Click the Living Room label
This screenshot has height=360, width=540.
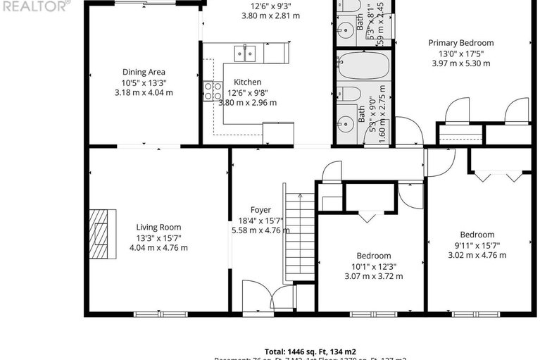click(158, 227)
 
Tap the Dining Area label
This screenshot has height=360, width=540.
click(144, 72)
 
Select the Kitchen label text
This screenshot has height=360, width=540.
click(248, 82)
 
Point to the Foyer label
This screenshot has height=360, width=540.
click(260, 209)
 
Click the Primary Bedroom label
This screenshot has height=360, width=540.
click(461, 43)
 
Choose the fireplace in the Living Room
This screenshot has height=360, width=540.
click(103, 235)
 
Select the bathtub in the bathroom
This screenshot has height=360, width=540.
click(363, 68)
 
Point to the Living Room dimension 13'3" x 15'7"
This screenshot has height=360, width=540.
click(158, 237)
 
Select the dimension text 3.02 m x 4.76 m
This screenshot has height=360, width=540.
click(477, 255)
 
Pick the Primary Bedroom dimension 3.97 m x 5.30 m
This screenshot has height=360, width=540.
click(461, 63)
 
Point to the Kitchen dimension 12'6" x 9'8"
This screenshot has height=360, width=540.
click(248, 92)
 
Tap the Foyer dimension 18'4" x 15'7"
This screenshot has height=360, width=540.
click(260, 220)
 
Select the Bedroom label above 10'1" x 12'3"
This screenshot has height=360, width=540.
click(373, 256)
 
